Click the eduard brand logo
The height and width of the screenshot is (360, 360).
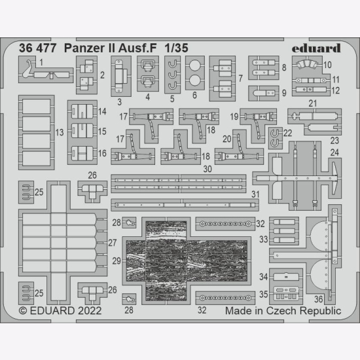pos(316,48)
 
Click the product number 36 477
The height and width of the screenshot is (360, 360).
pos(38,48)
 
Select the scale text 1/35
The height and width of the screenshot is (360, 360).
pos(176,48)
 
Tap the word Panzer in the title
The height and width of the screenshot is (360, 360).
pos(83,48)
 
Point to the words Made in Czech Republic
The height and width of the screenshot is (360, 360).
pos(283,311)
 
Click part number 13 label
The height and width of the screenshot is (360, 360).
pos(60,132)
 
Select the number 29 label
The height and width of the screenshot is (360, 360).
pos(117,261)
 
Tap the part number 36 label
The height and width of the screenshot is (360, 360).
pos(319,299)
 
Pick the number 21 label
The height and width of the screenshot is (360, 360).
pos(313,103)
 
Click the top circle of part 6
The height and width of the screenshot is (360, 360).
pos(195,65)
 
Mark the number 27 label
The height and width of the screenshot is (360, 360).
pos(113,243)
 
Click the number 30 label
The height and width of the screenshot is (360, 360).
pos(207,170)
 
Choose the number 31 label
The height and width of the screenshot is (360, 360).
pos(255,194)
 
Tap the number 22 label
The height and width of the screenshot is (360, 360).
pos(288,133)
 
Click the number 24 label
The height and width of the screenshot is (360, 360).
pos(334,153)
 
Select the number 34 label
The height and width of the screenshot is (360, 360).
pos(264,277)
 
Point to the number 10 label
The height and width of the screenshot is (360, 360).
pos(327,65)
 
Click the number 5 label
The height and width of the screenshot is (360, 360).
pos(172,99)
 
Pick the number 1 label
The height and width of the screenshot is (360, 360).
pos(41,62)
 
